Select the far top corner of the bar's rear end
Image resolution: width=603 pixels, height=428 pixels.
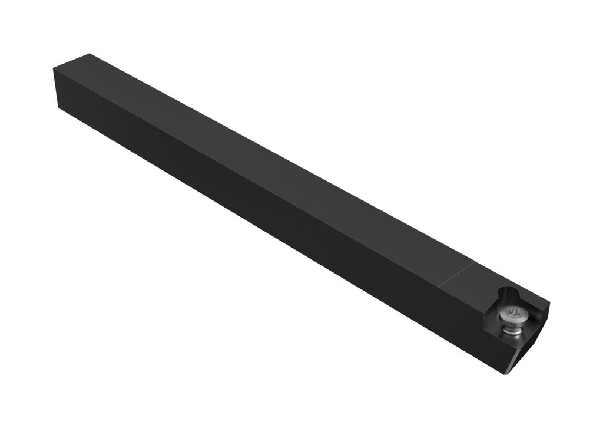(x=90, y=54)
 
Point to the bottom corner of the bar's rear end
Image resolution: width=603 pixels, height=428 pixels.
(x=58, y=107)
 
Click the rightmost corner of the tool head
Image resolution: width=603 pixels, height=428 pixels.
(x=549, y=304)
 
